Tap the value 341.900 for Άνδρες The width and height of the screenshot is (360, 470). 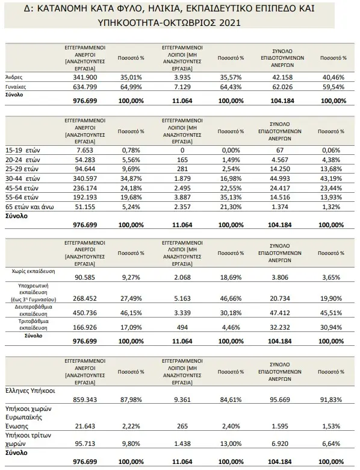click(x=85, y=77)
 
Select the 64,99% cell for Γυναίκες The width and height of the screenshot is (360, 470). click(x=131, y=87)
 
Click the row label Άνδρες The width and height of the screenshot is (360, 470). click(x=14, y=77)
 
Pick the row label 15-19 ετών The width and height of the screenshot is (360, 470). click(x=23, y=150)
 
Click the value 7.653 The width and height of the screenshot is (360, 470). click(x=85, y=150)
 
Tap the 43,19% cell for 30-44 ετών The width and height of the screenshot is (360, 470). click(x=331, y=178)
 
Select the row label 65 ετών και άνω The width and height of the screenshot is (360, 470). click(x=29, y=207)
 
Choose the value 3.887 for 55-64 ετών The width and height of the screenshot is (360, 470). click(x=182, y=197)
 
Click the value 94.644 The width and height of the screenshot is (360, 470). click(x=85, y=169)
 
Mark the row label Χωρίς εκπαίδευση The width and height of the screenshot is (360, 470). click(x=37, y=271)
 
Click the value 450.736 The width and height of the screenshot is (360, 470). click(x=85, y=313)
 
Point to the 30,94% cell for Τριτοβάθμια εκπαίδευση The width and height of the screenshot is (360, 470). click(x=331, y=327)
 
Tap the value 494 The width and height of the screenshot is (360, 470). click(x=182, y=327)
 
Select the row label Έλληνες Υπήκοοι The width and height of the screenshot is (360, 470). click(x=30, y=391)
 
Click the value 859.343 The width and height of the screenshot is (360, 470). click(x=85, y=399)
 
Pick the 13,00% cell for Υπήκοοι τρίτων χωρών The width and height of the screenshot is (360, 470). click(x=231, y=443)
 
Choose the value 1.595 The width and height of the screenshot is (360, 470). click(x=280, y=426)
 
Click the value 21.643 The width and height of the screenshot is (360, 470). click(x=85, y=426)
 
